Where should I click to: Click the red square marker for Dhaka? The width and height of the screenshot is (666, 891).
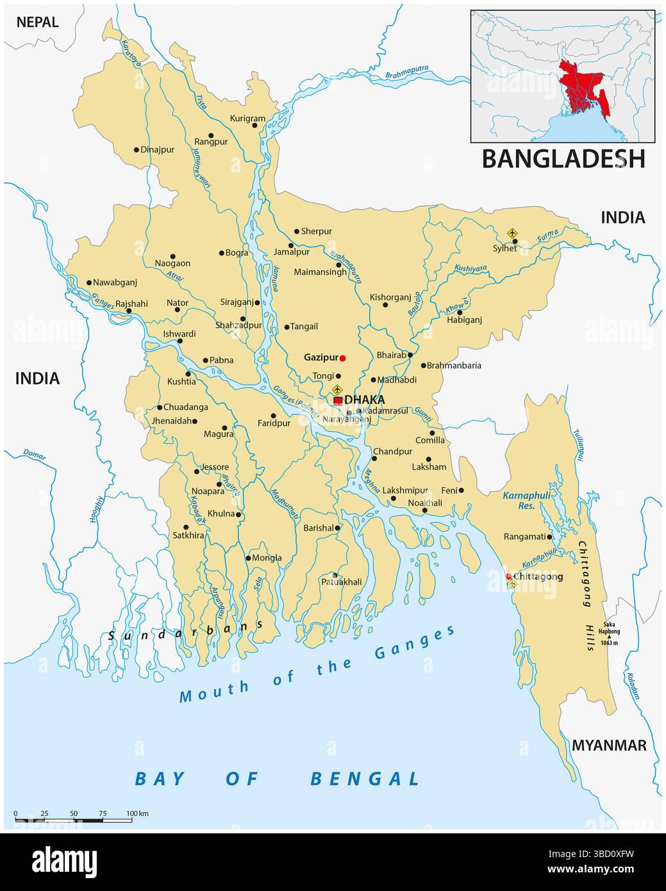click(x=338, y=401)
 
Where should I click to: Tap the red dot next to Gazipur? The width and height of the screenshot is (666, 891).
click(x=342, y=358)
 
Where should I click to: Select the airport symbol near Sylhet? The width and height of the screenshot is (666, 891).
click(x=512, y=233)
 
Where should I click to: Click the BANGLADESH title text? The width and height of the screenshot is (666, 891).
click(x=563, y=158)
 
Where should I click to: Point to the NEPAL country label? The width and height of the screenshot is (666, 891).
click(x=37, y=22)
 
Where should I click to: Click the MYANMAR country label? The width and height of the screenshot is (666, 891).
click(x=608, y=745)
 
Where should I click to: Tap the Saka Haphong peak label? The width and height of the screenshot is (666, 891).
click(x=609, y=631)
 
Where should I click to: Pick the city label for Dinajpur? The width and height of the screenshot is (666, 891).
click(x=158, y=150)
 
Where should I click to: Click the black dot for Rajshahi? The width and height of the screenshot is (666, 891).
click(x=129, y=312)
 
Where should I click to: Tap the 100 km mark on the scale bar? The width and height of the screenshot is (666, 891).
click(x=137, y=813)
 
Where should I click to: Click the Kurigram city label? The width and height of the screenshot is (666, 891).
click(x=247, y=119)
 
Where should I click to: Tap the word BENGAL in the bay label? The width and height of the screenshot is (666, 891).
click(x=365, y=779)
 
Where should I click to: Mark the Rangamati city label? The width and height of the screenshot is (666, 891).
click(x=525, y=537)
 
